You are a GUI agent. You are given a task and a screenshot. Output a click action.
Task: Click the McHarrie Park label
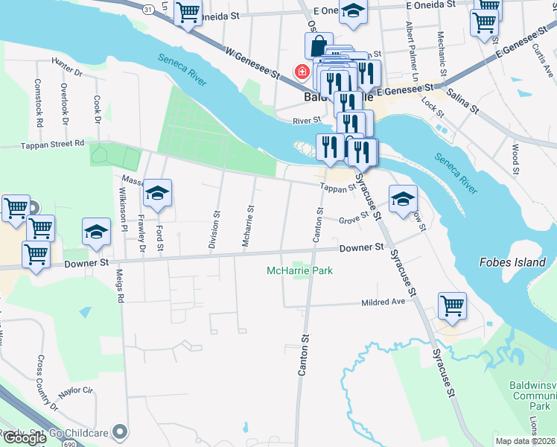[299, 270]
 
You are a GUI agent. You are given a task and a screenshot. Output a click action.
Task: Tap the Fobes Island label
[512, 263]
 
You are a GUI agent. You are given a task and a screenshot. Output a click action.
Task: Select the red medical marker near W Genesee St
[302, 72]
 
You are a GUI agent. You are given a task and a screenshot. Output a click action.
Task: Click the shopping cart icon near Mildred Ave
[452, 305]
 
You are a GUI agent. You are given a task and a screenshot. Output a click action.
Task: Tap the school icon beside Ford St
[157, 194]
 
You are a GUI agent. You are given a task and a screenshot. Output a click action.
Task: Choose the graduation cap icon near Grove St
[403, 199]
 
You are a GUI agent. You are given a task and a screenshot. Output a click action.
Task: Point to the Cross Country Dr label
[46, 383]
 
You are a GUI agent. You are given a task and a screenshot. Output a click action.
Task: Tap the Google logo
[24, 438]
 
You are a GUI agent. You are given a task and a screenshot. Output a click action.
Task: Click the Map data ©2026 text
[525, 441]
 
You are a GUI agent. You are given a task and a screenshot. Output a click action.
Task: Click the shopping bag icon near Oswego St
[318, 45]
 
